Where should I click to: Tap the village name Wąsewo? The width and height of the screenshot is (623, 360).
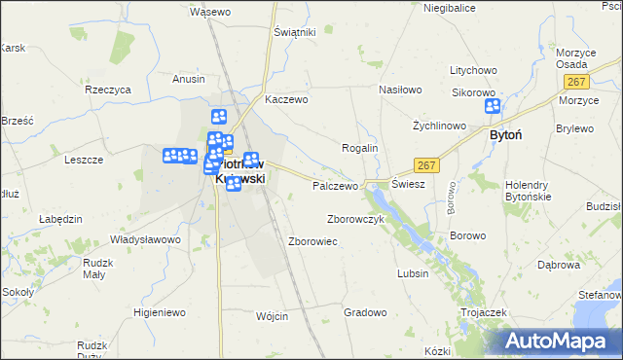pos(210,12)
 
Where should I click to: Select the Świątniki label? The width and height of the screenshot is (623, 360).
pos(295,32)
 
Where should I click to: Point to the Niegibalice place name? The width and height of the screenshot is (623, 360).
pos(449,8)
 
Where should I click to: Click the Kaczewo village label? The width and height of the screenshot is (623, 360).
pos(286,99)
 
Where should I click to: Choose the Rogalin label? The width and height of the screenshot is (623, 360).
pos(359,147)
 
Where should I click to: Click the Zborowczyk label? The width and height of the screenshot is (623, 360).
pos(356,219)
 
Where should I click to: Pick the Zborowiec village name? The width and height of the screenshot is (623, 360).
pos(312,240)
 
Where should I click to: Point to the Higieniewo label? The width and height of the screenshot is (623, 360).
pos(159,312)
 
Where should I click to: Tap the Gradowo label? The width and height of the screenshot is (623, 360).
pos(365,312)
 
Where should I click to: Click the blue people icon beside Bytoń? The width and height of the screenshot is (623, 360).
pos(492,107)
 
